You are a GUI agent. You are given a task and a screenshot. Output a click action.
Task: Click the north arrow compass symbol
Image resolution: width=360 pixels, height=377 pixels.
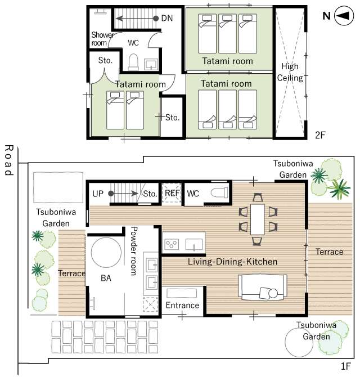click(344, 16)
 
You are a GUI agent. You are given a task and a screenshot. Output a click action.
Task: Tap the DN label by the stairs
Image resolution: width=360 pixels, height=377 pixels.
click(167, 18)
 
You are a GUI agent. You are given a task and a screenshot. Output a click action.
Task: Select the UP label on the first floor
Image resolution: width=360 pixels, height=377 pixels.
click(98, 194)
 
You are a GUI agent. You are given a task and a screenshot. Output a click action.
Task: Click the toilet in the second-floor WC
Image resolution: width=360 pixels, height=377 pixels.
click(133, 62)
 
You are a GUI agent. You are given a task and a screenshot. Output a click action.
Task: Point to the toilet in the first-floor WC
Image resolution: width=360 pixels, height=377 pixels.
click(219, 192)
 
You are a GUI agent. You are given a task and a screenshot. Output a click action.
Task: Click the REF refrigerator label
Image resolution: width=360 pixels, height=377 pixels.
click(172, 193)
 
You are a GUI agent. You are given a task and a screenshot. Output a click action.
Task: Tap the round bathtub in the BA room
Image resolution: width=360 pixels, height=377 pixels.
click(106, 253)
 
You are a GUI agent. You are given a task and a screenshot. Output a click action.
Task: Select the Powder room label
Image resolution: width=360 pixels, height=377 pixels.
click(133, 251)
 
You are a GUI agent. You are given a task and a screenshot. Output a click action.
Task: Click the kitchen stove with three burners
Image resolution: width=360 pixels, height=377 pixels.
click(172, 244)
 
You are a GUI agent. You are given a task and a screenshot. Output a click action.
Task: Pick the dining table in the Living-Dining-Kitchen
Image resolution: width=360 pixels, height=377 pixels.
click(258, 219)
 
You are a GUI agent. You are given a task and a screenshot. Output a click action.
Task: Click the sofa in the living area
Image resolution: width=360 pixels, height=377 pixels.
click(263, 287)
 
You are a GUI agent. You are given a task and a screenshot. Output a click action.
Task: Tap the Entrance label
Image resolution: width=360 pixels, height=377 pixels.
click(182, 305)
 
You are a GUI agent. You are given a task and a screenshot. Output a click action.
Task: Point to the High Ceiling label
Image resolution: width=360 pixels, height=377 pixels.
click(290, 72)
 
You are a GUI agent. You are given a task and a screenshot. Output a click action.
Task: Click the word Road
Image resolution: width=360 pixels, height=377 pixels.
click(9, 160)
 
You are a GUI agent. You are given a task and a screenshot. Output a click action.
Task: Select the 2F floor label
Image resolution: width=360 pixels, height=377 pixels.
click(320, 136)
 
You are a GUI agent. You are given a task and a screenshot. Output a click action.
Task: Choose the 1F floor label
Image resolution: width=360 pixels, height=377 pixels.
click(346, 366)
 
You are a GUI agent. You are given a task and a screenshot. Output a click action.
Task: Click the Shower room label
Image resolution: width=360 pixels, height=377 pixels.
click(102, 39)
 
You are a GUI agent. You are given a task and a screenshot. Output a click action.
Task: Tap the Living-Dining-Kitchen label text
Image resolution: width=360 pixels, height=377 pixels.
click(232, 262)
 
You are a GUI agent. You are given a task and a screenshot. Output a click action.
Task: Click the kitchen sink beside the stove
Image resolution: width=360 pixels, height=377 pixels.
click(194, 245)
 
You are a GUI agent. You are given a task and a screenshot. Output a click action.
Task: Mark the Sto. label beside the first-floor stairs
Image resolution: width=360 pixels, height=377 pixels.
click(150, 194)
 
